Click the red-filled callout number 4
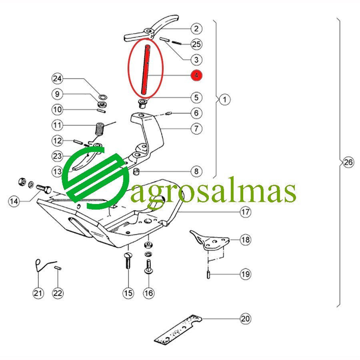click(196, 75)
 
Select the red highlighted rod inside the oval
click(146, 70)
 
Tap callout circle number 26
click(348, 162)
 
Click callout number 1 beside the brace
click(224, 100)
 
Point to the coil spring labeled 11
click(100, 130)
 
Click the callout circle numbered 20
click(246, 319)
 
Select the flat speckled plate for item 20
click(178, 330)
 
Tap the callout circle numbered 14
click(14, 201)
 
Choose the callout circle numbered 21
click(38, 293)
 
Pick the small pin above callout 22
click(58, 268)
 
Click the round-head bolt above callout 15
click(128, 260)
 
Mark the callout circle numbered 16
click(148, 293)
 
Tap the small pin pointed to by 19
click(208, 274)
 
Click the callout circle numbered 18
click(246, 240)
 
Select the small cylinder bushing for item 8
click(137, 171)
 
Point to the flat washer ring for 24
click(104, 97)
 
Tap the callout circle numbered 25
click(196, 44)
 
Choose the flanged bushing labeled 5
click(142, 103)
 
